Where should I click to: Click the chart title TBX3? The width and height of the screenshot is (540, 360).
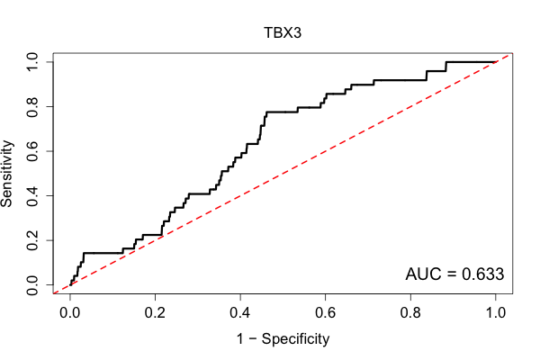point(283,32)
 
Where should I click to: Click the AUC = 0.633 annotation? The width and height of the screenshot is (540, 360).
point(454,274)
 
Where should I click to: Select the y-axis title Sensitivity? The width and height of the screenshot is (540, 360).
point(6,174)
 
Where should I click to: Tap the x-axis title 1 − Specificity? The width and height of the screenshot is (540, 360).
point(283,339)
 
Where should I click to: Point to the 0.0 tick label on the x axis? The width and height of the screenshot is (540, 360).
point(70,313)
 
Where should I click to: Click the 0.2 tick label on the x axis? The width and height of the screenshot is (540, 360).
point(155,313)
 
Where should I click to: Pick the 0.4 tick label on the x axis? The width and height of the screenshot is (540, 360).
point(240,313)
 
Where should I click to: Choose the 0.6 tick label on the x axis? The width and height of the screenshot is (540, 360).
point(325,313)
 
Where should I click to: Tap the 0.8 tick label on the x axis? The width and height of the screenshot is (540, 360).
point(410,313)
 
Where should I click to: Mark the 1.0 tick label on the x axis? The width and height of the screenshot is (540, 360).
point(496,313)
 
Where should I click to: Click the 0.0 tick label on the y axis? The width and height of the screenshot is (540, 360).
point(32,285)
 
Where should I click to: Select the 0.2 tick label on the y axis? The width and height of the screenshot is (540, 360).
point(32,240)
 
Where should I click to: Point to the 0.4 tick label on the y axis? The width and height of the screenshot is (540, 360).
point(32,195)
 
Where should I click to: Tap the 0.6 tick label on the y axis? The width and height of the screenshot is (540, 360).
point(32,151)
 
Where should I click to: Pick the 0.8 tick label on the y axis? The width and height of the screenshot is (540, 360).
point(32,107)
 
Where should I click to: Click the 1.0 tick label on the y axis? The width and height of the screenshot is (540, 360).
point(32,62)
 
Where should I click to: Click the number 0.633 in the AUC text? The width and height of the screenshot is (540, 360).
point(482,274)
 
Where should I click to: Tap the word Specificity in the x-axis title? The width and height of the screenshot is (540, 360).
point(295,339)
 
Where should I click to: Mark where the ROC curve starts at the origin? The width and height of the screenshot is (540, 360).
point(70,285)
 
